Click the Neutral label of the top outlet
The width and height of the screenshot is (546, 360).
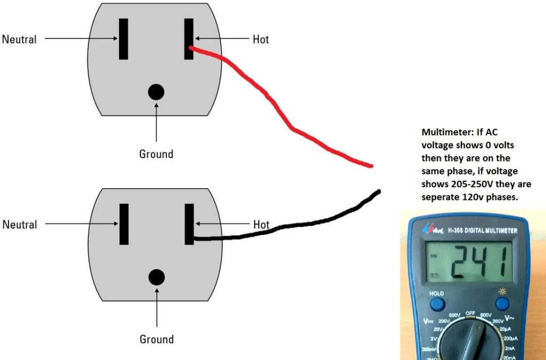pyautogui.click(x=19, y=39)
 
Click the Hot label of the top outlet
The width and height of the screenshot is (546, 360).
pyautogui.click(x=260, y=39)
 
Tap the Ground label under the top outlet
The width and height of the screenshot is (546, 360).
pyautogui.click(x=156, y=154)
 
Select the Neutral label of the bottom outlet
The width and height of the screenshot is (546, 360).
pyautogui.click(x=20, y=225)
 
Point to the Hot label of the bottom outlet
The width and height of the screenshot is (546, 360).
pyautogui.click(x=261, y=225)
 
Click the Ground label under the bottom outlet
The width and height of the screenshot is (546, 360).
pyautogui.click(x=156, y=339)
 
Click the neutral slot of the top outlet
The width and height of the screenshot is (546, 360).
pyautogui.click(x=123, y=39)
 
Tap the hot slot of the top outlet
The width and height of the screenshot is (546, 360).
pyautogui.click(x=189, y=39)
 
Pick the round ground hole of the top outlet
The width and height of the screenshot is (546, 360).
pyautogui.click(x=156, y=92)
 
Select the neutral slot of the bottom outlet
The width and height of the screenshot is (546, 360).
pyautogui.click(x=124, y=224)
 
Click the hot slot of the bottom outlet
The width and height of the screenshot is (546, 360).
pyautogui.click(x=189, y=224)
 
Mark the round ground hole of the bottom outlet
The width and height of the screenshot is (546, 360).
pyautogui.click(x=156, y=277)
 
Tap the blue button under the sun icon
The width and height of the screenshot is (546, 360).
pyautogui.click(x=502, y=304)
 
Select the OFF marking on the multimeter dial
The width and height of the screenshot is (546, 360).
pyautogui.click(x=470, y=313)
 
